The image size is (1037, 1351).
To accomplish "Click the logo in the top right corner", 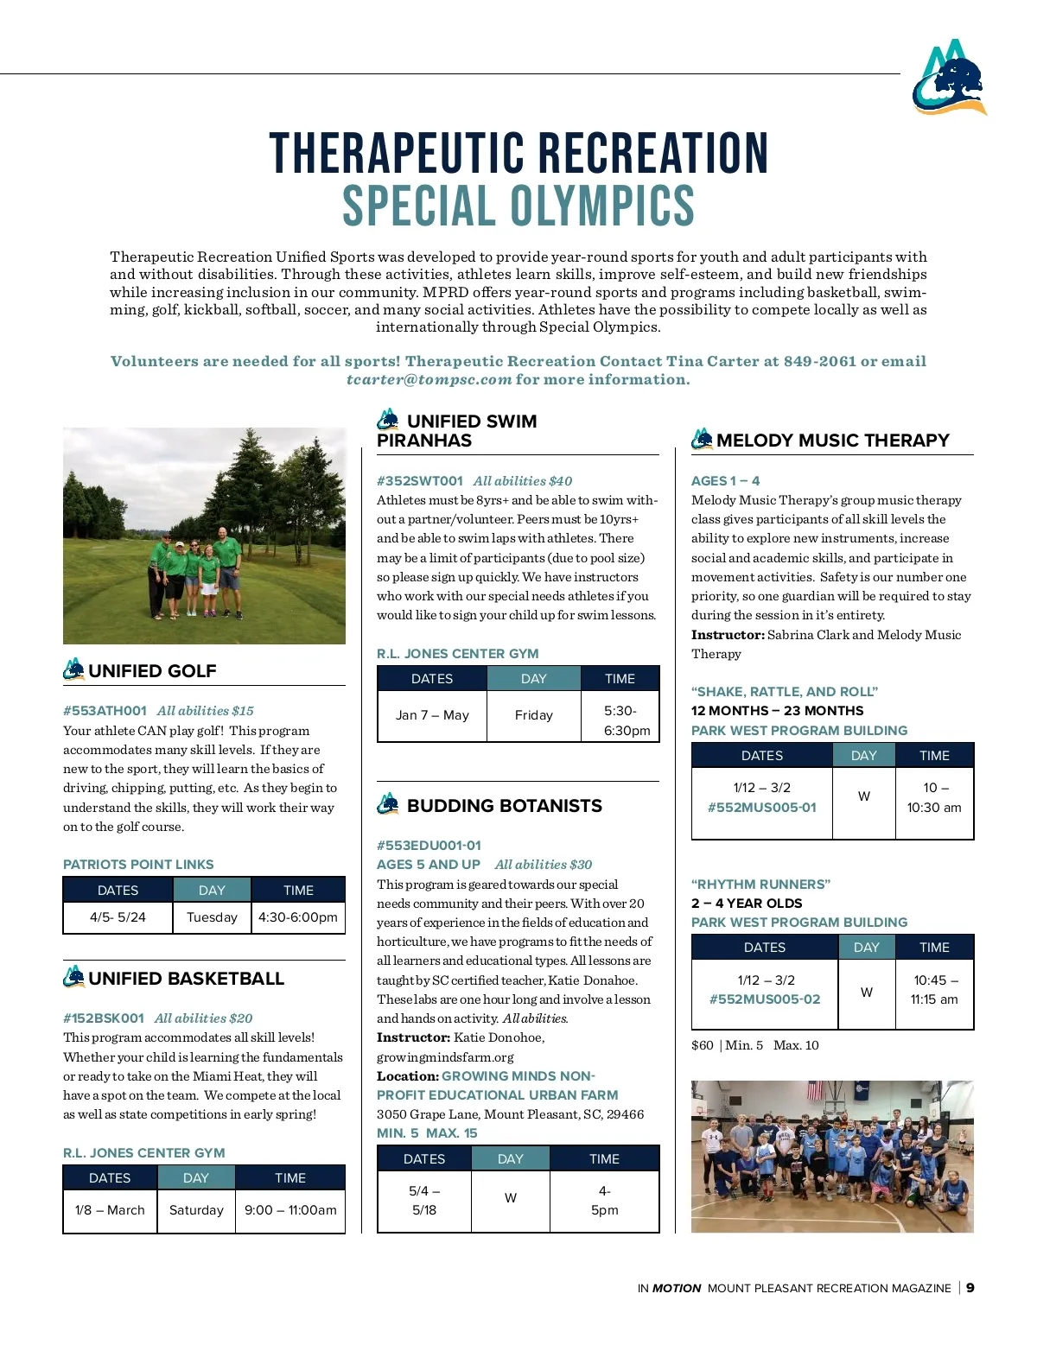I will click(949, 77).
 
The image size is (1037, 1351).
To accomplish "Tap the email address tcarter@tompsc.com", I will click(429, 379).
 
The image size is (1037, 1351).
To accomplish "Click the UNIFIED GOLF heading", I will click(152, 670).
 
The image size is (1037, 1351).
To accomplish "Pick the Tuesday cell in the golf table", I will click(212, 917).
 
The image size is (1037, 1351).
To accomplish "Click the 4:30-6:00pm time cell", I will click(298, 917).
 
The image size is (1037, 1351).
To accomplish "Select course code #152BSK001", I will click(104, 1018).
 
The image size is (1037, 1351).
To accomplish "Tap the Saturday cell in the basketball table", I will click(196, 1209).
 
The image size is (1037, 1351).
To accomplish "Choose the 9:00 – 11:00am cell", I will click(290, 1209).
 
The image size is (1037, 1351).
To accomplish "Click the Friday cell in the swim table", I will click(533, 714).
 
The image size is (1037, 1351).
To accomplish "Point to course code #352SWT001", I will click(420, 480).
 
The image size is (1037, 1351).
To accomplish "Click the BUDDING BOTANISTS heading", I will click(504, 805).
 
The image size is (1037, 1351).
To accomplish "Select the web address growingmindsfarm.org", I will click(445, 1056).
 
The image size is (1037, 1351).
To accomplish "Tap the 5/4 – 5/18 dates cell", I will click(424, 1200).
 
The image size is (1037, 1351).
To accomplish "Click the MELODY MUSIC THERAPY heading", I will click(832, 440).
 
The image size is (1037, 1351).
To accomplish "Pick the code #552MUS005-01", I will click(761, 807).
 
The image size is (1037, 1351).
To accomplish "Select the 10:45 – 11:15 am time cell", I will click(934, 989).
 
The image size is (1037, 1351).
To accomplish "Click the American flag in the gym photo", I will click(815, 1090).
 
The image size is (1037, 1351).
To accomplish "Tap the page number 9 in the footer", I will click(970, 1287).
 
